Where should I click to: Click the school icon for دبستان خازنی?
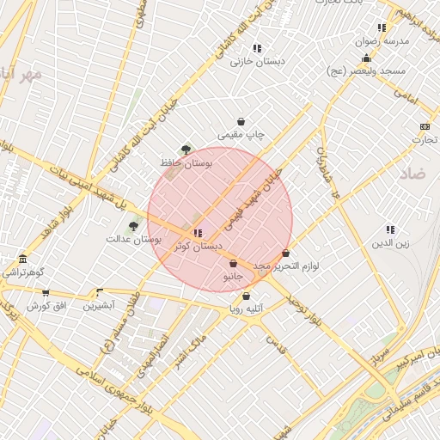click(257, 49)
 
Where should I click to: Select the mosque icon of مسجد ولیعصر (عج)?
click(367, 58)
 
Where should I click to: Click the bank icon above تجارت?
click(424, 126)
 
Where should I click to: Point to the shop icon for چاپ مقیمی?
click(241, 122)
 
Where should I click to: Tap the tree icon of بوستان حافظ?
click(186, 150)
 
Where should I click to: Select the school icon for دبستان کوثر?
click(198, 233)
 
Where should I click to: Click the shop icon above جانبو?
click(233, 264)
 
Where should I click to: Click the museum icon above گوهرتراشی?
click(21, 260)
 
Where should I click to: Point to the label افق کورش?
click(46, 306)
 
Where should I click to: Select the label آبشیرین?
click(100, 305)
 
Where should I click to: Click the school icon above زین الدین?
click(390, 229)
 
